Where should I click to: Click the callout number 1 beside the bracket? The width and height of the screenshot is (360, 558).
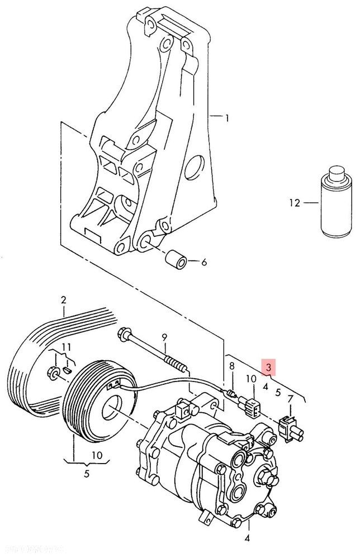[x=228, y=118]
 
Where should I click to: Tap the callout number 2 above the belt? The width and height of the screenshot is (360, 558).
[x=64, y=299]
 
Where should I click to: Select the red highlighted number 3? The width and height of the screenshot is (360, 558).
[x=269, y=368]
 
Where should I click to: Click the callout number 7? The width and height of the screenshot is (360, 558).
[x=290, y=398]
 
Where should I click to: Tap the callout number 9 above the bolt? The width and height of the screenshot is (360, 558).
[x=164, y=337]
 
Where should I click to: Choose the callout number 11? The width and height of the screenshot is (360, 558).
[x=66, y=348]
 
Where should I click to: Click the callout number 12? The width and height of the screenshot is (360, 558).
[x=295, y=203]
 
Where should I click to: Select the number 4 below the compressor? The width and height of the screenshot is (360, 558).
[x=247, y=539]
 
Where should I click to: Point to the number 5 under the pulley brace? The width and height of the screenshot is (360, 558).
[x=87, y=475]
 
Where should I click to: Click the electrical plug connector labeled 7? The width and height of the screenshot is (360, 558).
[x=288, y=427]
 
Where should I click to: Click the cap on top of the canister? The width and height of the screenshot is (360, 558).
[x=335, y=171]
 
